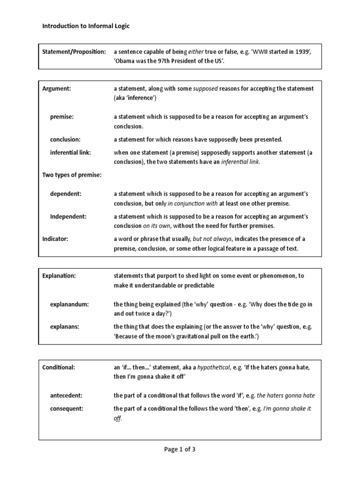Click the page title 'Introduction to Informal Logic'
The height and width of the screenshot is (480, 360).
click(86, 26)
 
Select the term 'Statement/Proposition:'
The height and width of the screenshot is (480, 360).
click(74, 51)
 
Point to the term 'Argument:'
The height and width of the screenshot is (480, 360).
click(56, 89)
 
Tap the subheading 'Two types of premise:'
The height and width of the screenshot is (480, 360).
click(72, 175)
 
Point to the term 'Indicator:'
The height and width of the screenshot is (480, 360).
click(55, 239)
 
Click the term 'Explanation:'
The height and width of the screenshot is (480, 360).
click(59, 276)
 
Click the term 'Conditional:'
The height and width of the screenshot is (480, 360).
click(59, 367)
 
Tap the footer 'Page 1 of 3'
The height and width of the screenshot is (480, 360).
click(180, 449)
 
